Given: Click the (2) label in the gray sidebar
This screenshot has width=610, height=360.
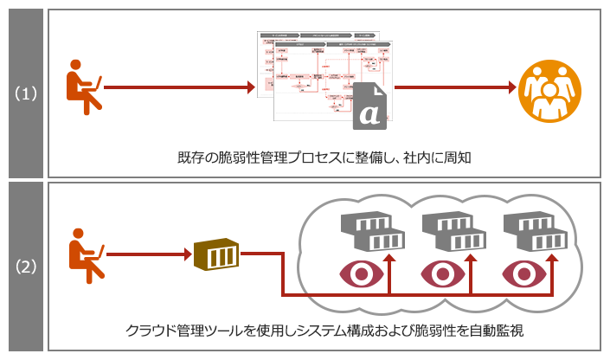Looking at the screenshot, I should click(x=24, y=267).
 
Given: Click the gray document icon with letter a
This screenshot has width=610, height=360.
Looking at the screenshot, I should click(x=369, y=106).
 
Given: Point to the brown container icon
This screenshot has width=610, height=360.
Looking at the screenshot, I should click(x=215, y=255).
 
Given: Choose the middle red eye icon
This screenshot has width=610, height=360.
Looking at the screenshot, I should click(x=444, y=273).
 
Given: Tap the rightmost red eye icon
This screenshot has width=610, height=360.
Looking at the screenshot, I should click(x=524, y=273).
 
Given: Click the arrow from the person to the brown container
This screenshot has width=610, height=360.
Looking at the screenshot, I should click(x=148, y=254).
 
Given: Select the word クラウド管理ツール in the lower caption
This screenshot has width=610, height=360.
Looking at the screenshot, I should click(x=187, y=331).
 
